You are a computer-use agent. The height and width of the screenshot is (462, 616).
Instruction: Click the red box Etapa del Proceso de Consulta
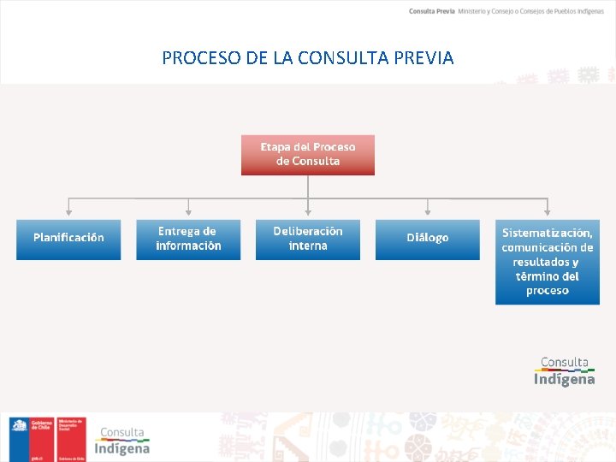click(308, 154)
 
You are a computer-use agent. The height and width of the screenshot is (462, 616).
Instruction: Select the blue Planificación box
click(68, 239)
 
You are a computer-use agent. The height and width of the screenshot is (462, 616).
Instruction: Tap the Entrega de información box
click(188, 239)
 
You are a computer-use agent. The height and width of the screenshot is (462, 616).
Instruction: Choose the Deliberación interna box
click(308, 239)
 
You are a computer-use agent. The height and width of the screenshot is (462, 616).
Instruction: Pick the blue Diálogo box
click(428, 239)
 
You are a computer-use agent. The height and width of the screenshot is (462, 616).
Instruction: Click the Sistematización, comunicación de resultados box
click(548, 261)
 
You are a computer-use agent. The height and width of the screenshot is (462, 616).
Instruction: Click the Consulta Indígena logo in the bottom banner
click(121, 441)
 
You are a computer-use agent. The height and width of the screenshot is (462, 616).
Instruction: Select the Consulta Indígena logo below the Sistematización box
click(565, 371)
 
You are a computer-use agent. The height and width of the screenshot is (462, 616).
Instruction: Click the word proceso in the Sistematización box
click(548, 291)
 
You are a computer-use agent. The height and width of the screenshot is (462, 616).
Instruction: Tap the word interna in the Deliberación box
click(308, 246)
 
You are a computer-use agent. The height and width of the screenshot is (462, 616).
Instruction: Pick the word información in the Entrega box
click(188, 246)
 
